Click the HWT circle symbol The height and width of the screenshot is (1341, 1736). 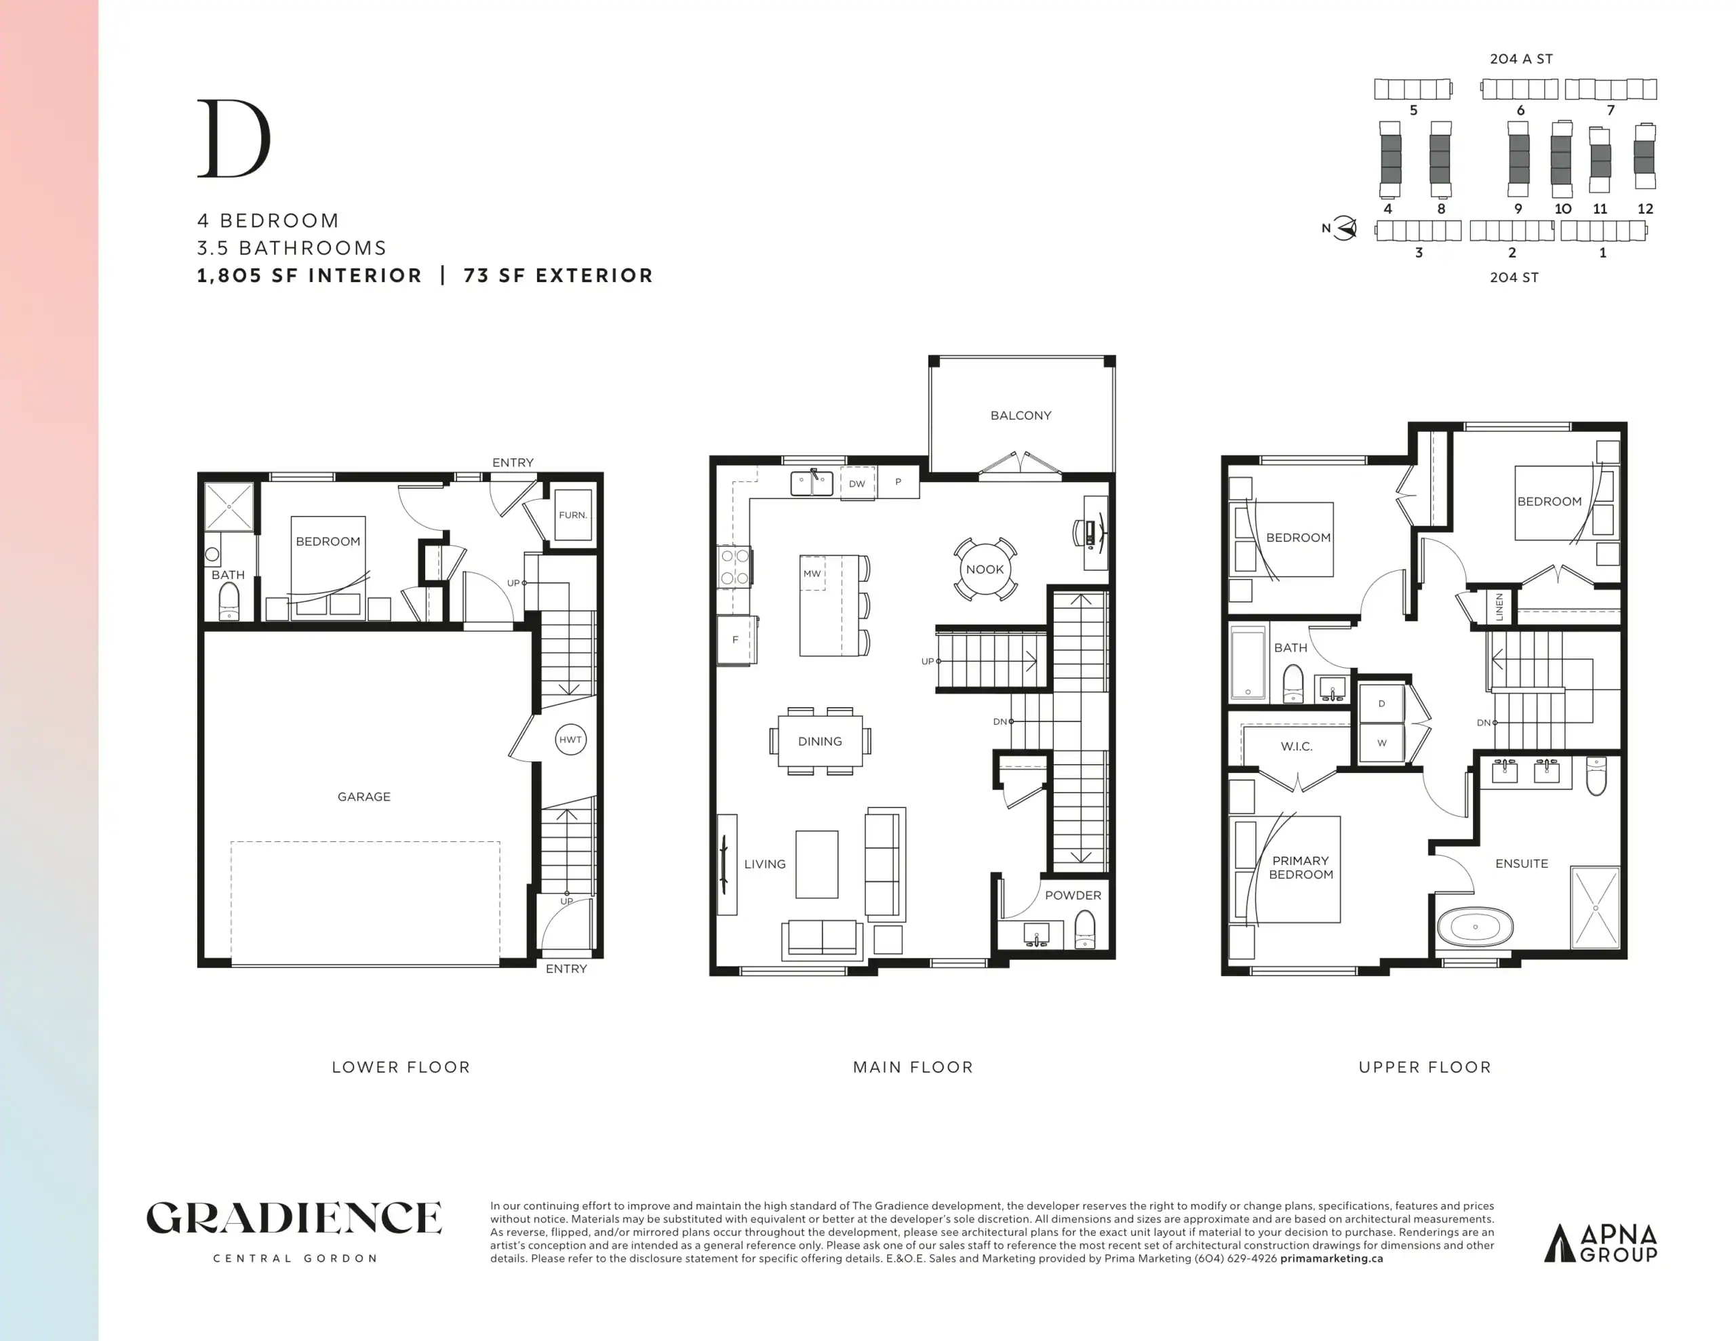click(570, 739)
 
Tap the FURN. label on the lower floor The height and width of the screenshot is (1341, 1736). click(572, 515)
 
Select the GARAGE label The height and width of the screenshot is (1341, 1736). click(364, 797)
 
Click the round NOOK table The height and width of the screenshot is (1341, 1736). click(985, 569)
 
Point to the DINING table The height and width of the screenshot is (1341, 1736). click(821, 741)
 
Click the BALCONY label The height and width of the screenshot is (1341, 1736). click(1021, 416)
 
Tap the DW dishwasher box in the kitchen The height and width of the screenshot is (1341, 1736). click(857, 483)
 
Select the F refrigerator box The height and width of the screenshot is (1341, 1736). click(735, 639)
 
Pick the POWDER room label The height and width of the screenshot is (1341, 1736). click(1073, 895)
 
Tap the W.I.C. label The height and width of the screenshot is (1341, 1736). click(1297, 746)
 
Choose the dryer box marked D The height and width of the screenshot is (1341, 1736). click(1381, 704)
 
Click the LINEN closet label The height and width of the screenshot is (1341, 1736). click(1499, 607)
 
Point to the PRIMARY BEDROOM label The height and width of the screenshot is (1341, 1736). click(1301, 867)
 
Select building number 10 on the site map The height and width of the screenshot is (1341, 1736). click(1562, 209)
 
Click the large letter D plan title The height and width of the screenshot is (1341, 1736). click(234, 138)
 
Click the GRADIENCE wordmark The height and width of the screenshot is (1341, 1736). click(294, 1218)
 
